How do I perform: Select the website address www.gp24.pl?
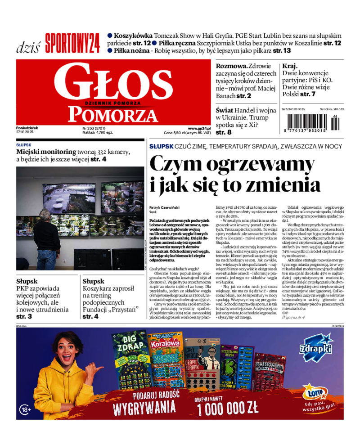pyautogui.click(x=199, y=128)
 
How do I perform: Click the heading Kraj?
pyautogui.click(x=290, y=66)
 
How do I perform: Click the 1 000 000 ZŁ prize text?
pyautogui.click(x=227, y=408)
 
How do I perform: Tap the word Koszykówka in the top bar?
pyautogui.click(x=133, y=36)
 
